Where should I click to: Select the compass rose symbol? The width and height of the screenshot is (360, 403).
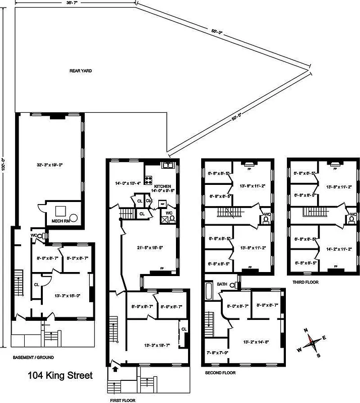pyautogui.click(x=313, y=342)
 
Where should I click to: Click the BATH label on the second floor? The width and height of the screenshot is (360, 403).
pyautogui.click(x=222, y=284)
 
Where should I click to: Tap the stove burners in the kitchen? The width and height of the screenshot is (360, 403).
pyautogui.click(x=149, y=179)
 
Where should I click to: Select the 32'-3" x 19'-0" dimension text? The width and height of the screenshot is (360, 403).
pyautogui.click(x=49, y=165)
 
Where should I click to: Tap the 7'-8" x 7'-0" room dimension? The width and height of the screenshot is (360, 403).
pyautogui.click(x=217, y=352)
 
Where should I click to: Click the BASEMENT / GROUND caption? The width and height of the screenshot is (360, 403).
pyautogui.click(x=33, y=357)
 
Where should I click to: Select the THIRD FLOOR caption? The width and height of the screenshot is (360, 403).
pyautogui.click(x=306, y=282)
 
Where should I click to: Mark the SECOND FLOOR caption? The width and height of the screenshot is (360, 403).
pyautogui.click(x=220, y=373)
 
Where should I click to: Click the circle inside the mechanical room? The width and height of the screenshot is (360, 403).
pyautogui.click(x=74, y=218)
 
